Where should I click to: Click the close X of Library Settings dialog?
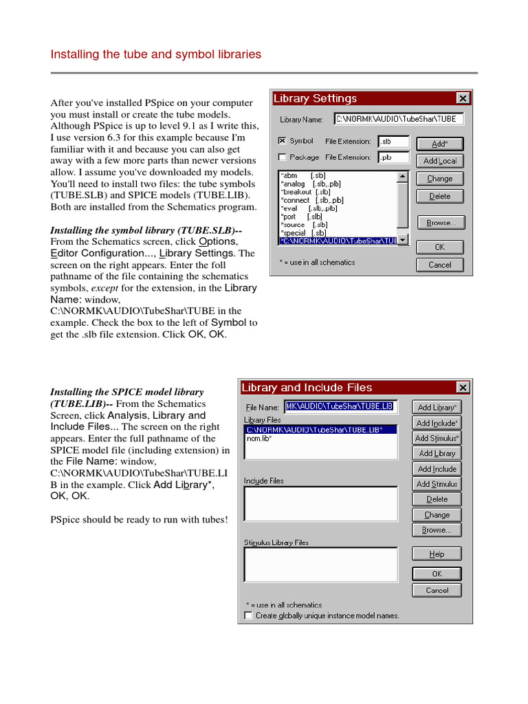[x=463, y=98]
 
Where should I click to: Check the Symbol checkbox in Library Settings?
[x=282, y=141]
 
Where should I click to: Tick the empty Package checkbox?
[x=282, y=157]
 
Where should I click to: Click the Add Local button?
[x=440, y=161]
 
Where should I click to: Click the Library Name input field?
[x=399, y=119]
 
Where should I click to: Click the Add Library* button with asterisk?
[x=437, y=408]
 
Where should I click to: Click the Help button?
[x=437, y=554]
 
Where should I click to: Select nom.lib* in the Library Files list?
[x=258, y=438]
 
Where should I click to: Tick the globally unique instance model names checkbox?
[x=249, y=615]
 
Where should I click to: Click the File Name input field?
[x=341, y=407]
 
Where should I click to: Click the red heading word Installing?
[x=74, y=54]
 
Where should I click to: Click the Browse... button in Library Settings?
[x=440, y=223]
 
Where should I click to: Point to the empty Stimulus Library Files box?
[x=320, y=564]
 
